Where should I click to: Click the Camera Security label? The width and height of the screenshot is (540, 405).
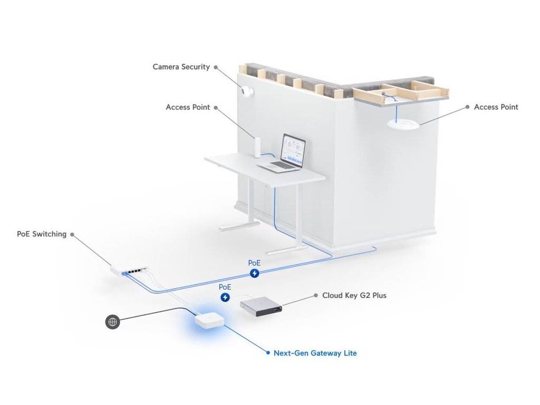tap(181, 67)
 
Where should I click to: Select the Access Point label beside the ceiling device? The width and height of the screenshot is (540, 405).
tap(496, 107)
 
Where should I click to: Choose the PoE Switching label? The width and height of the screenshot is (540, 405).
tap(42, 234)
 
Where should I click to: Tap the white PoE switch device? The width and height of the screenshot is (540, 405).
tap(129, 270)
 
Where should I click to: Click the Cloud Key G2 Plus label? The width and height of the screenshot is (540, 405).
tap(354, 295)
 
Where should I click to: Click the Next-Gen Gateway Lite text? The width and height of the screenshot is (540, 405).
tap(315, 353)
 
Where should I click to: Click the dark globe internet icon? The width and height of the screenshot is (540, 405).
tap(113, 322)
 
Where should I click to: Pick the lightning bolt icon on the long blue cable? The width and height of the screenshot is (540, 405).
tap(255, 273)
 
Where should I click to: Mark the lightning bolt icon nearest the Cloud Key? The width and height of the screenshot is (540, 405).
tap(225, 297)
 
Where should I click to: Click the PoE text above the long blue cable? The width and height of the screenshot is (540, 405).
tap(254, 263)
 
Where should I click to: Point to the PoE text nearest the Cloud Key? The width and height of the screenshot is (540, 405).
tap(225, 287)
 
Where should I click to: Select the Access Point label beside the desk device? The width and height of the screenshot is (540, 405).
tap(188, 107)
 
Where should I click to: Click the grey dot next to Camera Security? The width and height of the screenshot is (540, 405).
tap(216, 67)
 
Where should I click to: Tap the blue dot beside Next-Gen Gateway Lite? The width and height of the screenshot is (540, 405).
tap(268, 353)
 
